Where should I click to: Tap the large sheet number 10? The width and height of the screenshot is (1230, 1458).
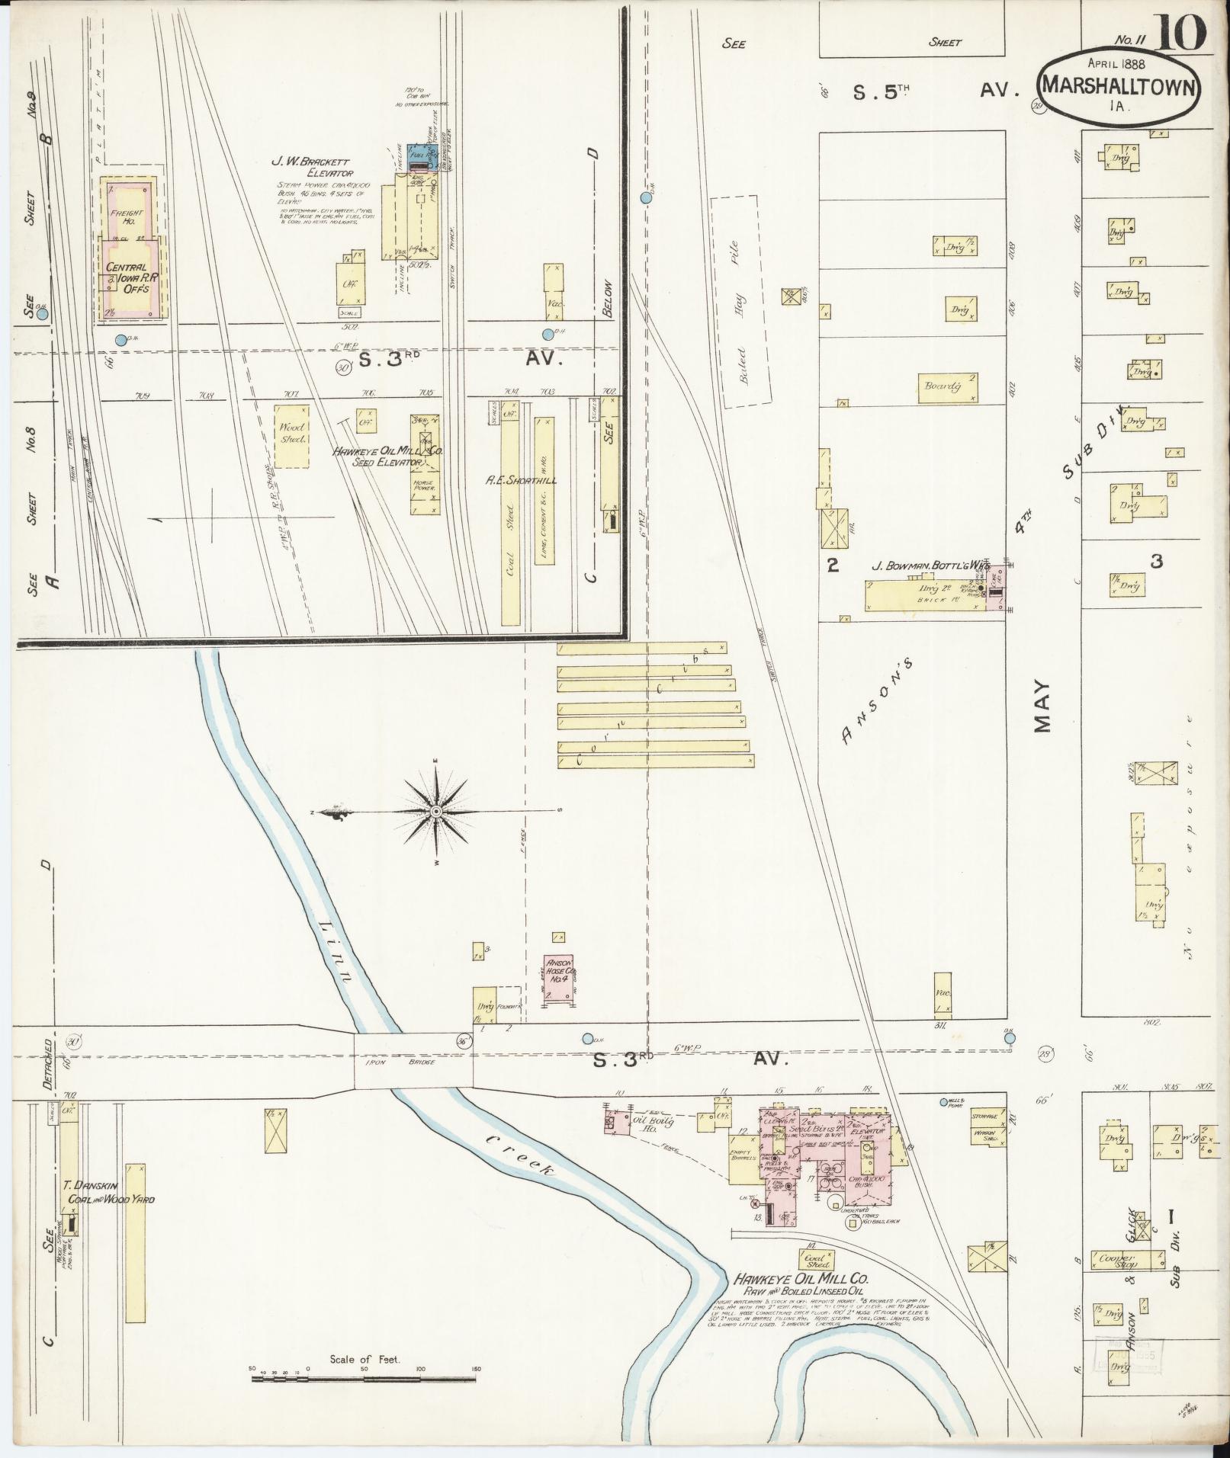tap(1180, 33)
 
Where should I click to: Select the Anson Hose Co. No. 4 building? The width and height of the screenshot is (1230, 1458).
tap(559, 978)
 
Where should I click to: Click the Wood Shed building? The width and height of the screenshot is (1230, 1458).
tap(291, 434)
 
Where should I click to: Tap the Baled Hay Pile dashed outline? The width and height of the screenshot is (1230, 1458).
tap(740, 301)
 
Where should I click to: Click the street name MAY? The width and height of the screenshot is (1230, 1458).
tap(1042, 705)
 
